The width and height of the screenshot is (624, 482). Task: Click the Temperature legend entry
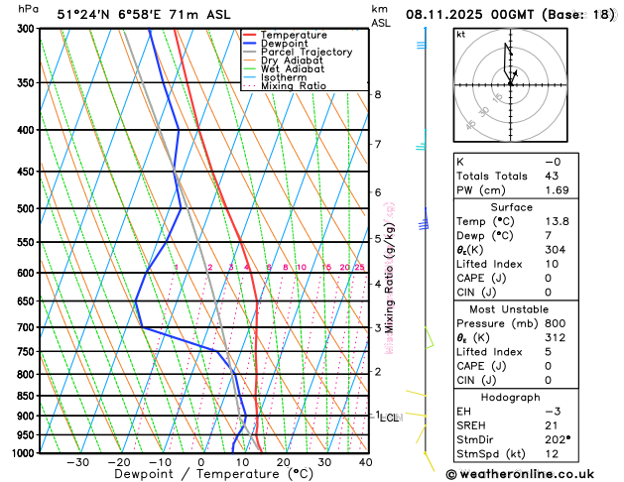pyautogui.click(x=295, y=35)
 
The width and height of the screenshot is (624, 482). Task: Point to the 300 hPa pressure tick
pyautogui.click(x=26, y=29)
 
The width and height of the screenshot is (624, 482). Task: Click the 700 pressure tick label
pyautogui.click(x=26, y=327)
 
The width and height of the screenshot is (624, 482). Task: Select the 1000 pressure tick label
pyautogui.click(x=23, y=453)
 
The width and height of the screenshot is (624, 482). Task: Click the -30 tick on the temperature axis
pyautogui.click(x=77, y=462)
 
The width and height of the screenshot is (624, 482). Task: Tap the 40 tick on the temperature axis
pyautogui.click(x=366, y=462)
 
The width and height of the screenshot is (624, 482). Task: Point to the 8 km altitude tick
pyautogui.click(x=377, y=94)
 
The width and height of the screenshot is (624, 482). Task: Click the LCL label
pyautogui.click(x=389, y=418)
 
